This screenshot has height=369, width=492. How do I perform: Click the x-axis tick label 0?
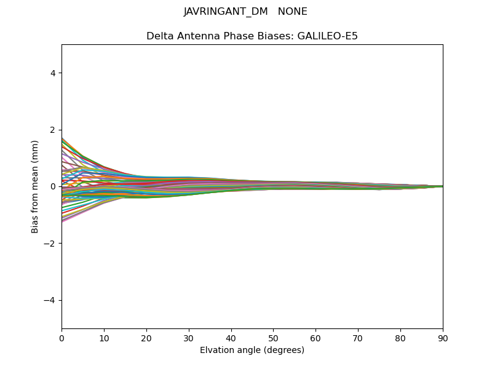(x=61, y=338)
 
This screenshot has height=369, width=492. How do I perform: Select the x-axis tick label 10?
(x=104, y=338)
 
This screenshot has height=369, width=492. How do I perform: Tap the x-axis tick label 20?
(x=146, y=338)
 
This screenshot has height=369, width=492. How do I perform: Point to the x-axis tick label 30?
(x=189, y=338)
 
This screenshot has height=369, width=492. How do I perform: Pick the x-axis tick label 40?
(x=231, y=338)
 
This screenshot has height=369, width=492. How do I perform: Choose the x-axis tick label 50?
(x=273, y=338)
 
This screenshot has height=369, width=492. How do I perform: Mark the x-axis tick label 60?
(x=315, y=338)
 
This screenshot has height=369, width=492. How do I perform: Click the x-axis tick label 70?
(x=358, y=338)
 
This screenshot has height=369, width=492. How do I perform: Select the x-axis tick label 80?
(x=400, y=338)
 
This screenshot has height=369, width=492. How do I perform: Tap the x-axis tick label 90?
(x=443, y=338)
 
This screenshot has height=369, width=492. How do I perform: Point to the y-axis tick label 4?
(x=54, y=73)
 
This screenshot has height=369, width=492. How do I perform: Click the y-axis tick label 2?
(x=54, y=130)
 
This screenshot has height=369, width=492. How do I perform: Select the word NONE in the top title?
(x=293, y=12)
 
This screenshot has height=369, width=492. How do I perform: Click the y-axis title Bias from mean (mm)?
(x=35, y=186)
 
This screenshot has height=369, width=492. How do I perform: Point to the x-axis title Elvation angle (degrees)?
(x=252, y=351)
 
